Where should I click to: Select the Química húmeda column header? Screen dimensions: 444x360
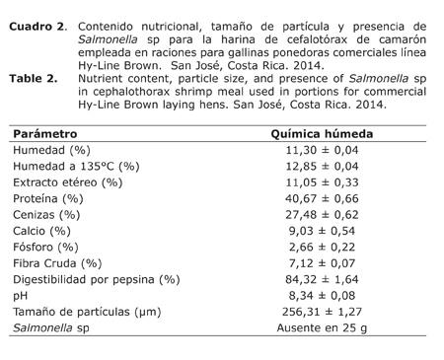click(x=322, y=133)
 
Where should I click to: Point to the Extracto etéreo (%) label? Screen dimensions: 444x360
click(x=68, y=182)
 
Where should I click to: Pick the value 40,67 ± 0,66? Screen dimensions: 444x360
click(x=322, y=198)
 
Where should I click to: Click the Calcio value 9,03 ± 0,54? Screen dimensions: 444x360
click(x=322, y=231)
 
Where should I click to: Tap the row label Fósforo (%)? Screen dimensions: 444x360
click(x=46, y=247)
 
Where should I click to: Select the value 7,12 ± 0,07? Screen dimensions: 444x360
click(x=322, y=263)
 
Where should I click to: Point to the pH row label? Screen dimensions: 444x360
click(x=21, y=295)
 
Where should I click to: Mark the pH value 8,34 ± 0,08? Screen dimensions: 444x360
click(x=322, y=295)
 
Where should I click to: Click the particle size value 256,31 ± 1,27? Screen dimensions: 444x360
click(x=322, y=312)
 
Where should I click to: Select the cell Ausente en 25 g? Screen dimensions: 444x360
click(x=322, y=327)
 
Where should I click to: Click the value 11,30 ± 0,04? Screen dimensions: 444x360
click(x=322, y=150)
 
